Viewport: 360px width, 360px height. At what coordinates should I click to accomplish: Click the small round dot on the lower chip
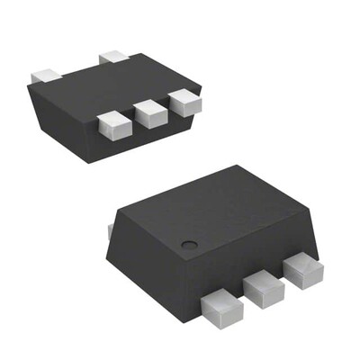coord(189,245)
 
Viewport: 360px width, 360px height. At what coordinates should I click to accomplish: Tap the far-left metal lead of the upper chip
coord(44,75)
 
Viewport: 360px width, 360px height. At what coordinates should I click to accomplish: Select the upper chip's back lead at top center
coord(115,58)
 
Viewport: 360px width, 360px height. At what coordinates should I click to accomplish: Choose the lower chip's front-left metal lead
coord(222,307)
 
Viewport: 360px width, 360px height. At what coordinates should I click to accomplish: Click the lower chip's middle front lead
coord(263,288)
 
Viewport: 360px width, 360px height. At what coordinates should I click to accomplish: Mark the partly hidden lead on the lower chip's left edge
coord(110,232)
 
